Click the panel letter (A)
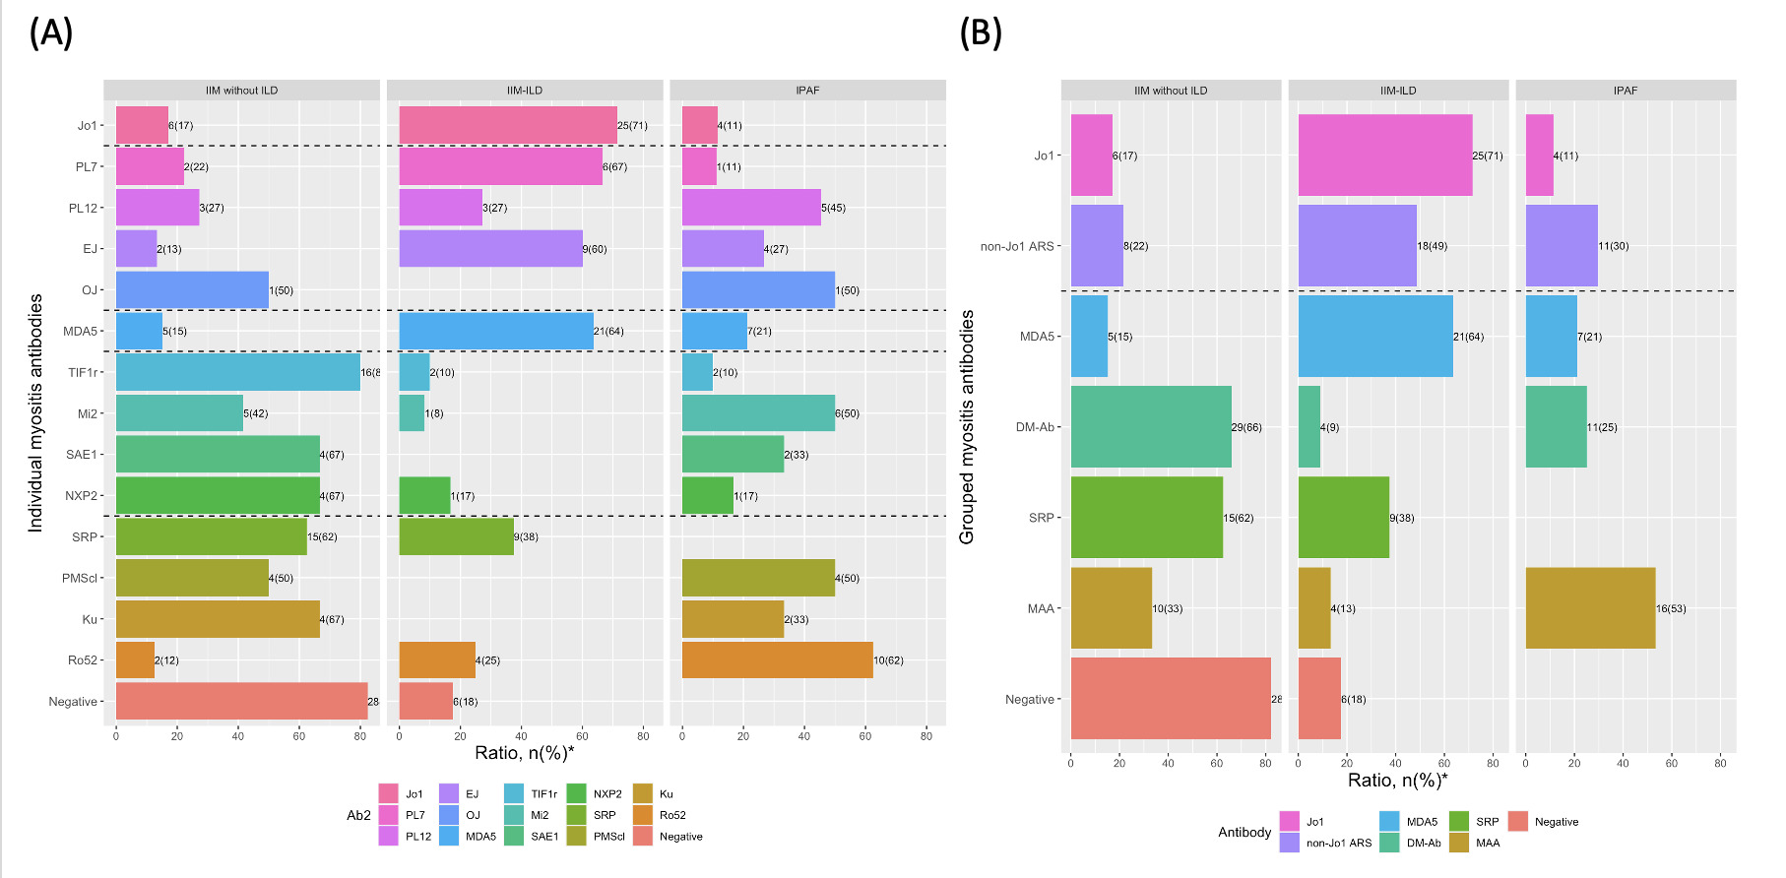(51, 33)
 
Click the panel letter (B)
(981, 33)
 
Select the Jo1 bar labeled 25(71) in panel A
(507, 125)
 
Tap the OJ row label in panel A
(89, 290)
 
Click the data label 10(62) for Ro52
(888, 660)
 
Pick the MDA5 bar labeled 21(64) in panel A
(495, 331)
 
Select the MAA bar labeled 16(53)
(1590, 608)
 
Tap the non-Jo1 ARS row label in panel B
(1017, 246)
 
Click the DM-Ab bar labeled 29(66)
(1150, 427)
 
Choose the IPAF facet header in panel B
(1625, 91)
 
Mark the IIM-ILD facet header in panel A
(525, 91)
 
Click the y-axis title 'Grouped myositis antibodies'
(967, 427)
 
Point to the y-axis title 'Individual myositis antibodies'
(35, 413)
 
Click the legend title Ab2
(358, 815)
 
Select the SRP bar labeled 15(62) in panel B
(1146, 518)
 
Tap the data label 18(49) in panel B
(1432, 246)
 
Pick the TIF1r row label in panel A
(83, 372)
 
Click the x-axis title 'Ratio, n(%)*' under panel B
(1397, 781)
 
